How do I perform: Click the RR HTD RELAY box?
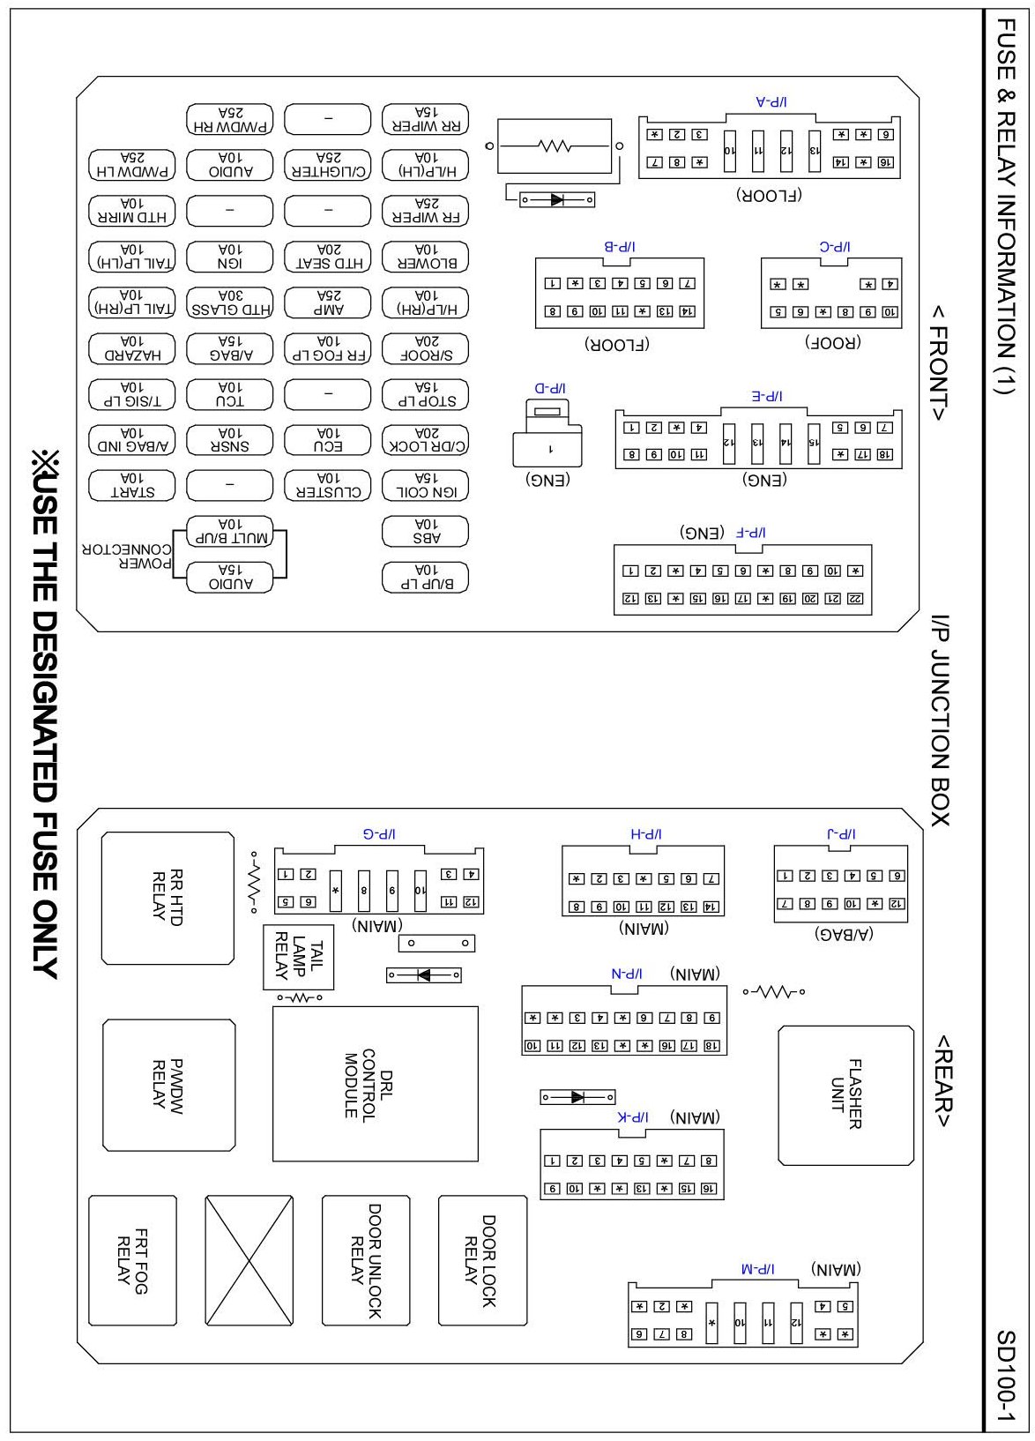coord(168,898)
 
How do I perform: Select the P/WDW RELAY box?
coord(168,1086)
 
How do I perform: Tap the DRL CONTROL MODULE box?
coord(375,1084)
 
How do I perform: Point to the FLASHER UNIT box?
coord(845,1094)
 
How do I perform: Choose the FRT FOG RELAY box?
coord(132,1260)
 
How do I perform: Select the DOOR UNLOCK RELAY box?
coord(365,1260)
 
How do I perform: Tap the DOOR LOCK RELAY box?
coord(482,1260)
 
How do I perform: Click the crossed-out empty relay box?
coord(249,1260)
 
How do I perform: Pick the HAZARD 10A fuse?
coord(132,349)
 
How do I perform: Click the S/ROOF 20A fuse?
coord(425,349)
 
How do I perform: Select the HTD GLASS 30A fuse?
coord(230,303)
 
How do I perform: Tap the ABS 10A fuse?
coord(425,532)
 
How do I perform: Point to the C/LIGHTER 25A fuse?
coord(328,165)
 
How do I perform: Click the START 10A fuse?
coord(132,486)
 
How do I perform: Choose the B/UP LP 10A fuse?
coord(425,578)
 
